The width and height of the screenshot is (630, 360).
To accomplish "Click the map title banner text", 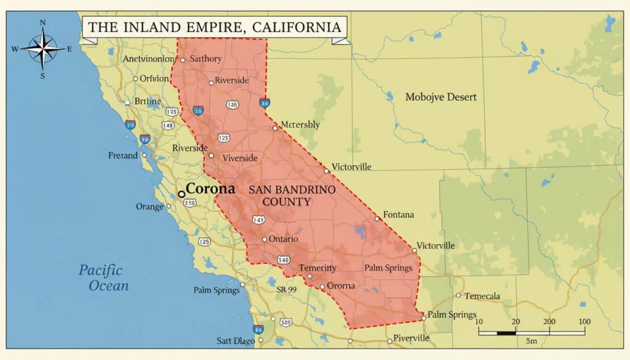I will pos(213,27).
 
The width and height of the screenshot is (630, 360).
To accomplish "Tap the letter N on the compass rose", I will pos(42,23).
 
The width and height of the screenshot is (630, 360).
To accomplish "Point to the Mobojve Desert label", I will pos(441,97).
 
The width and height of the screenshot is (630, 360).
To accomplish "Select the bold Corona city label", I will pos(210,189).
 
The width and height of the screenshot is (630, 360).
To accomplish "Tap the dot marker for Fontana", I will pos(377,218).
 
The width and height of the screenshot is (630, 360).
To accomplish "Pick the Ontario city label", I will pos(284,239).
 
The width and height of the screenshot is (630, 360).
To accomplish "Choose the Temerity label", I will pos(317,268).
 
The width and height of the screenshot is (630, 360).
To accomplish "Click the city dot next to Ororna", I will pos(322,287).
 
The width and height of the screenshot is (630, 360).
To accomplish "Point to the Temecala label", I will pos(482,296).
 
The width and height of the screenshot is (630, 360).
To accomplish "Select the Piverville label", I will pos(411,338).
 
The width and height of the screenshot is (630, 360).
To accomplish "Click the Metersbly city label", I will pos(300,124).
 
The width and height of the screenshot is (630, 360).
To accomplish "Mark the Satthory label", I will pos(206,58).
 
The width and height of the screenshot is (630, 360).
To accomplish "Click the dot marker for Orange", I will pos(169,207).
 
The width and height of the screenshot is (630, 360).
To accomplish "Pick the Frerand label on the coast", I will pos(123,156).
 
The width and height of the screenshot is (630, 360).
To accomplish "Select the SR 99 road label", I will pos(287,289).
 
